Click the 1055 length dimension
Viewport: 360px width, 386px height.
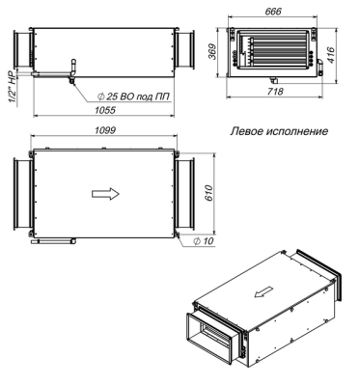[105, 110]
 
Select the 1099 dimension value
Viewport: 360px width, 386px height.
[105, 130]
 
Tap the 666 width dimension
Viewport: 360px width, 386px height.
[273, 12]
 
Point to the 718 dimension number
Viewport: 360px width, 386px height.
[275, 92]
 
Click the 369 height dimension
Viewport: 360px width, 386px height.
[211, 51]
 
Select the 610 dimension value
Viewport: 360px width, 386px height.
[208, 193]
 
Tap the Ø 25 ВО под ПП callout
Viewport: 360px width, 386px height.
[133, 96]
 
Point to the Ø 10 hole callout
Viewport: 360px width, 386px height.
[204, 241]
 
